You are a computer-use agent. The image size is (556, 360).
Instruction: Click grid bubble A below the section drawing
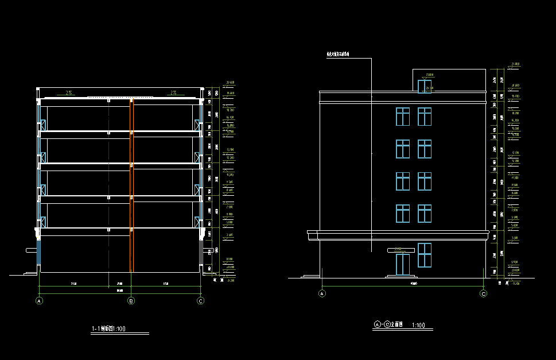click(40, 300)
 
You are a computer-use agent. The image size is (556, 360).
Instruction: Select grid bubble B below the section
click(131, 300)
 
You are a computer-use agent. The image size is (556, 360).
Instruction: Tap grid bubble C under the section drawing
click(201, 300)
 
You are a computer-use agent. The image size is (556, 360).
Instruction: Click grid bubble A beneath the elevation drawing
click(322, 294)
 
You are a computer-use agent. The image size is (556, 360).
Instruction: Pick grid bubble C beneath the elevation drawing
click(483, 294)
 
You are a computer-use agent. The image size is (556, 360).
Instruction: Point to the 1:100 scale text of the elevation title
click(418, 326)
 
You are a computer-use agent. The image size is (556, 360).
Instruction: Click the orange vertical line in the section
click(133, 184)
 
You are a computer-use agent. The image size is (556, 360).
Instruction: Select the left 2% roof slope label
click(69, 92)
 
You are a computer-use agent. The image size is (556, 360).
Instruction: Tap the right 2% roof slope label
click(173, 92)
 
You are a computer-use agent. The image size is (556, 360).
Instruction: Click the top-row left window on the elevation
click(402, 117)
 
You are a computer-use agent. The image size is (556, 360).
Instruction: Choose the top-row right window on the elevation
click(424, 117)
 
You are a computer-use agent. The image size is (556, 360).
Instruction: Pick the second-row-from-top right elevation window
click(424, 149)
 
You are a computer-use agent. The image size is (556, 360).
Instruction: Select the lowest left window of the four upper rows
click(402, 214)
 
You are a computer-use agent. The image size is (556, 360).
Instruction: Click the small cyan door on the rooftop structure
click(422, 86)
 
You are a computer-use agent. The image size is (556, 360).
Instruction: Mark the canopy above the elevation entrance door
click(401, 250)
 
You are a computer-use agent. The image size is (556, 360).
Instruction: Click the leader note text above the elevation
click(338, 55)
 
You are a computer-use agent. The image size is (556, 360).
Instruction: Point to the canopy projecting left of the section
click(30, 250)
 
